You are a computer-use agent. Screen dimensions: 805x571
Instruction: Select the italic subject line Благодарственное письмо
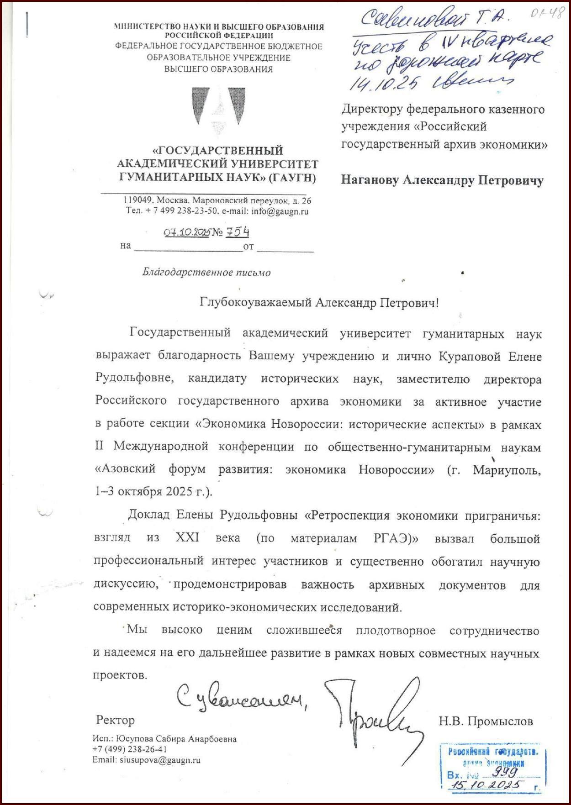click(x=206, y=273)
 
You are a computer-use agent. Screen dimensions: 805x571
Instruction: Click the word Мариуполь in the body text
click(x=507, y=470)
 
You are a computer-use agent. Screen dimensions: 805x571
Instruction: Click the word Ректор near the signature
click(x=116, y=721)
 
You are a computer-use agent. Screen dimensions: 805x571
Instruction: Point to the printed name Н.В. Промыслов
click(x=486, y=721)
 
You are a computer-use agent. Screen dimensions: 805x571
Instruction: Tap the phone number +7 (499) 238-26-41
click(x=130, y=749)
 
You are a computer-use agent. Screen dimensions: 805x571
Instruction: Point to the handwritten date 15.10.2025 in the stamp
click(x=485, y=785)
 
